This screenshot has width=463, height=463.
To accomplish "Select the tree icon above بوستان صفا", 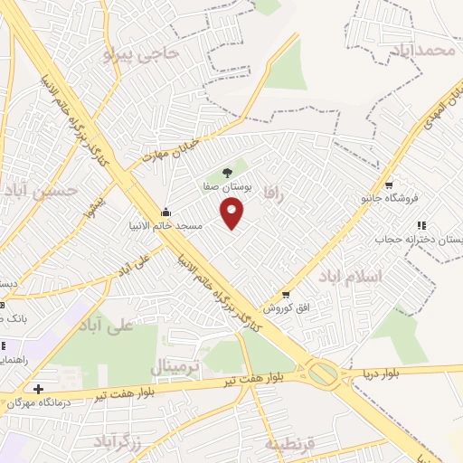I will point(227,171).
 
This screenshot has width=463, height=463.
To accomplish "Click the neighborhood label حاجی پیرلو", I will point(142,54).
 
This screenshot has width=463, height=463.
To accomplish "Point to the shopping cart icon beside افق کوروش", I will point(286,295).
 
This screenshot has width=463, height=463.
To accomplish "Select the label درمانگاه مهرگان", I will point(41,402).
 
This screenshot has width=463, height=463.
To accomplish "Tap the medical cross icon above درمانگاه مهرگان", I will point(38,389).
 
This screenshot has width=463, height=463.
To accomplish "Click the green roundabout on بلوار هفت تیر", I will point(323,372).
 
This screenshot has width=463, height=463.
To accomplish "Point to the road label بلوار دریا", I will point(386,371).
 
